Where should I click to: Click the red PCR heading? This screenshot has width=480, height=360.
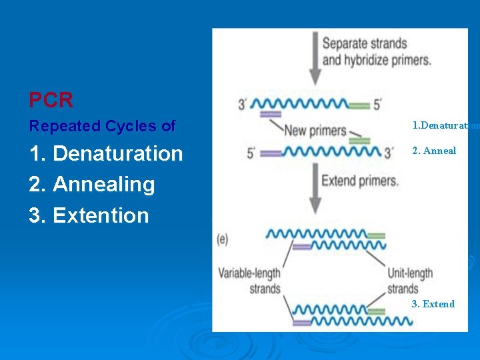click(51, 100)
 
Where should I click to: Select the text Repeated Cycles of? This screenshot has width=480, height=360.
click(102, 125)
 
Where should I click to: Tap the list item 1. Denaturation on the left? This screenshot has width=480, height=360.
click(106, 153)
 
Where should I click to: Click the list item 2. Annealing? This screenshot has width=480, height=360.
click(92, 184)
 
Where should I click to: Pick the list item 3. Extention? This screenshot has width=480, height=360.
click(89, 215)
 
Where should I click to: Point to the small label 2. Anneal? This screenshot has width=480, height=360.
click(434, 151)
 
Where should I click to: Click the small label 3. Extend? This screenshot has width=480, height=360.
click(433, 304)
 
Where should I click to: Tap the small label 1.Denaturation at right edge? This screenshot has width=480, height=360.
click(445, 125)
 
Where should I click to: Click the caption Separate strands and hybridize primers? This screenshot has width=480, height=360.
click(376, 51)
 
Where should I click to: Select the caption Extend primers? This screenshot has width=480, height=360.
click(359, 180)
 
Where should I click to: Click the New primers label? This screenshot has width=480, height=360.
click(314, 131)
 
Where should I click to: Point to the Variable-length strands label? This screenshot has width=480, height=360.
click(249, 281)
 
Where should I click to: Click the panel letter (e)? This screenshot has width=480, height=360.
click(222, 238)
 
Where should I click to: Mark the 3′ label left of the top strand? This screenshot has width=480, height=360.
click(244, 104)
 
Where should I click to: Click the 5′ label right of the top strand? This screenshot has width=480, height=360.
click(378, 104)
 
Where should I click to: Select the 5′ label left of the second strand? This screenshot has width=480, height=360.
click(251, 153)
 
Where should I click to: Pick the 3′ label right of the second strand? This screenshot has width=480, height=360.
click(389, 153)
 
